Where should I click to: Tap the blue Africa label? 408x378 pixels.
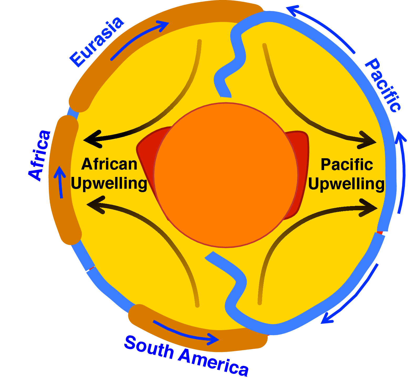[39, 155]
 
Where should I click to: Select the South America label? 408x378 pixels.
[186, 356]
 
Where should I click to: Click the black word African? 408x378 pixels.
[109, 164]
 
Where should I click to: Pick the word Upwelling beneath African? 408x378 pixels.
[109, 183]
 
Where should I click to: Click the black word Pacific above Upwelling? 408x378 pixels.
[347, 165]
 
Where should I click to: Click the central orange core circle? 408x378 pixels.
[226, 175]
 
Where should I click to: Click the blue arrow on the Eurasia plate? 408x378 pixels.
[139, 39]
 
